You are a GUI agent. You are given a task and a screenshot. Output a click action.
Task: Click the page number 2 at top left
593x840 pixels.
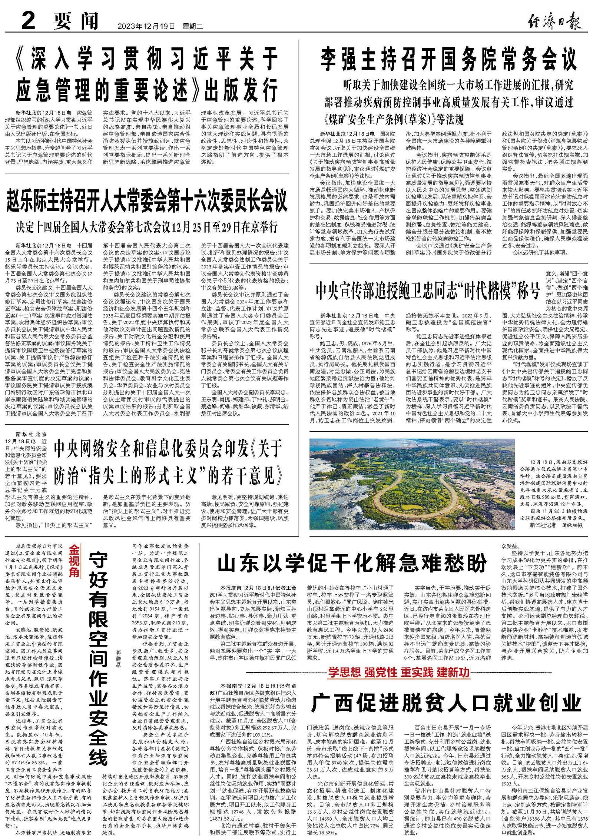tap(29, 21)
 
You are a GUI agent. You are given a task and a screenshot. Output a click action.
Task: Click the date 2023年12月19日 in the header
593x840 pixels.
tap(146, 26)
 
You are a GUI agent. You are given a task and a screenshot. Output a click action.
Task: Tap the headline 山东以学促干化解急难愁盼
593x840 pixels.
tap(352, 564)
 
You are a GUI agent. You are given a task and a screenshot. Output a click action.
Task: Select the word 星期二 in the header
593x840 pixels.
tap(193, 26)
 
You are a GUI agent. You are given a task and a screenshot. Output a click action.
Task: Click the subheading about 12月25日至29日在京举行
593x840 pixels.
tap(147, 227)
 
